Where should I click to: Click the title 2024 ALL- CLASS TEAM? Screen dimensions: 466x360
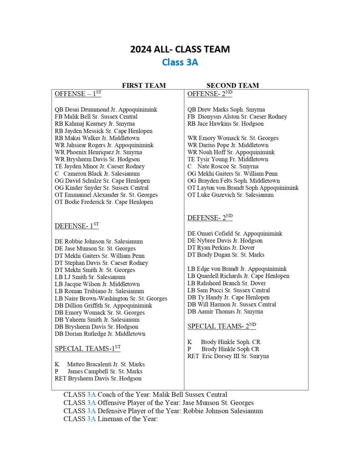point(180,49)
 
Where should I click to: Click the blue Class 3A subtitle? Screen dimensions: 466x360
point(180,62)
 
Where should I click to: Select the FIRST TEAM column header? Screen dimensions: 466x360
point(144,85)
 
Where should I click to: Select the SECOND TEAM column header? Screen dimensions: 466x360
point(233,85)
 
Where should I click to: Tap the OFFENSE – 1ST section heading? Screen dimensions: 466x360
point(78,94)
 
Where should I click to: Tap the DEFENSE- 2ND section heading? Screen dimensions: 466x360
point(210,218)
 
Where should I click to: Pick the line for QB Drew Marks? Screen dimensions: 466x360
point(226,110)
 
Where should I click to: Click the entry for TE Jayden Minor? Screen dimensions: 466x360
point(100,167)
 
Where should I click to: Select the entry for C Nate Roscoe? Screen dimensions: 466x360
point(223,167)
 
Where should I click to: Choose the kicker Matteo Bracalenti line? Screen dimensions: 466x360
point(100,365)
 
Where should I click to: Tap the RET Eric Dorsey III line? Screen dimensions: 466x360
point(228,356)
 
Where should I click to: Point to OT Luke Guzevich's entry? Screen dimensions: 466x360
point(231,195)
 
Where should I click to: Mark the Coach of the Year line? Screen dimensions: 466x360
point(145,395)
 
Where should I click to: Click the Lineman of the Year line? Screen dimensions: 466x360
point(110,419)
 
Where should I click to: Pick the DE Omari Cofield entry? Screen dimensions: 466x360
point(235,233)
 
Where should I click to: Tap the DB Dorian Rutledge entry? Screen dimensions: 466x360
point(100,334)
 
